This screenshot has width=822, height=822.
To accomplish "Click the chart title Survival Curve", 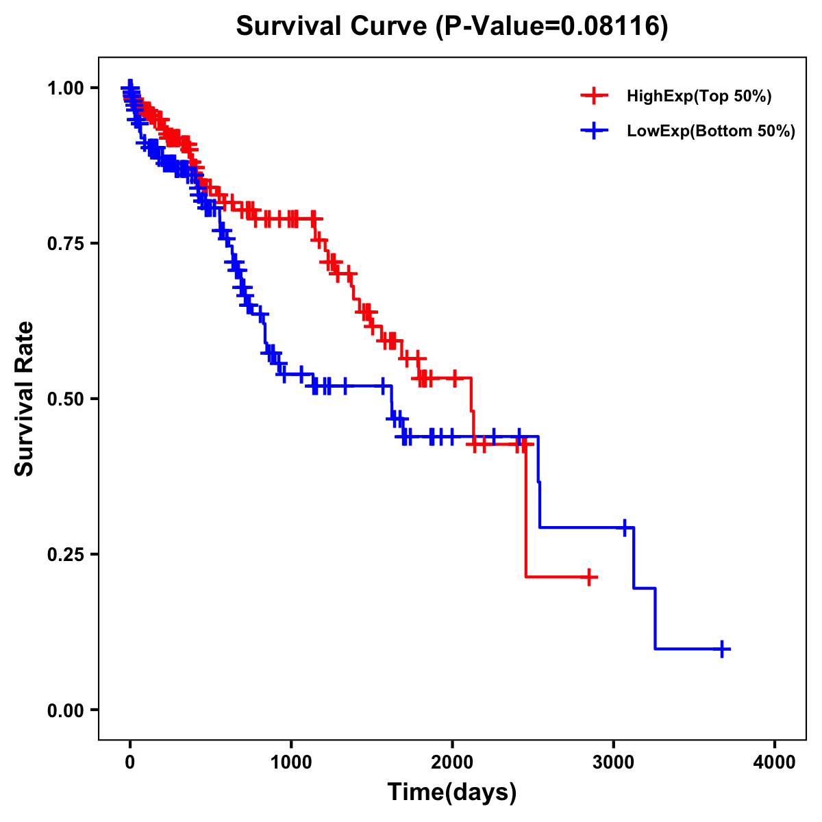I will point(451,26).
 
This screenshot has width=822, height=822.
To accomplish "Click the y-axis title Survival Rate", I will point(25,398).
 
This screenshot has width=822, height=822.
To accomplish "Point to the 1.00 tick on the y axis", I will point(66,88).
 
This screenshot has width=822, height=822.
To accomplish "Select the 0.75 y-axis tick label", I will point(66,243).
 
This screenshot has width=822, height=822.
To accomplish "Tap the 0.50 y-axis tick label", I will point(66,399).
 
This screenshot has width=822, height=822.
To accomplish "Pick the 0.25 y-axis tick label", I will point(66,554).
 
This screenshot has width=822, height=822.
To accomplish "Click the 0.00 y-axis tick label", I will point(66,710).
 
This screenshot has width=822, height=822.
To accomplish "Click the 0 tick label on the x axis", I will point(130,762).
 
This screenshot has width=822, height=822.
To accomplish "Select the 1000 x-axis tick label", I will point(291,762).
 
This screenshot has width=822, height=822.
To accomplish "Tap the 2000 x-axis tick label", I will point(452,762).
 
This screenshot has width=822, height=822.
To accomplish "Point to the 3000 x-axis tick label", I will point(614,762).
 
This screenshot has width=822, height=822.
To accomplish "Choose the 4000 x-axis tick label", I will point(775,762).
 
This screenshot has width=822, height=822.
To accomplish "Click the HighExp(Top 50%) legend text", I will point(699,97).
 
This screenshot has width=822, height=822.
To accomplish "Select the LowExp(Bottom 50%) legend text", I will point(711,132).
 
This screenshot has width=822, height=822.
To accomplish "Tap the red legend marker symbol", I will point(594,97).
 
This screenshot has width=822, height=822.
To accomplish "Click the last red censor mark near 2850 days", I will point(588,577).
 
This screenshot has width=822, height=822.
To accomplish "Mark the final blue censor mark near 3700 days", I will point(722,649).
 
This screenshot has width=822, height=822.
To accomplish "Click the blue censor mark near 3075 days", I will point(625,527).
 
